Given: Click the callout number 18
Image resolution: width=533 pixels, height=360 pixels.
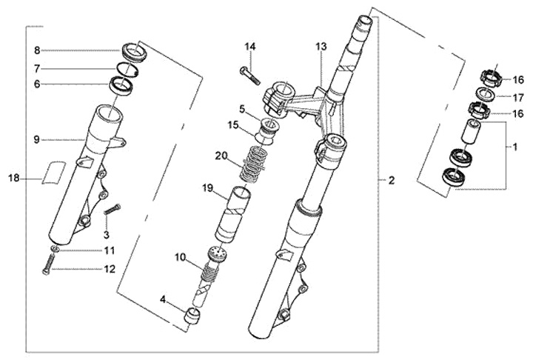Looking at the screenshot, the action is (14, 178).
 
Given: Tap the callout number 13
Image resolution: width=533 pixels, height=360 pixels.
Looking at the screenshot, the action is (321, 47).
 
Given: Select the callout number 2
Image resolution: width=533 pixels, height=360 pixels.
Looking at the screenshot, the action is (392, 180).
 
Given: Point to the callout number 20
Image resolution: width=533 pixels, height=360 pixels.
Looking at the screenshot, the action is (221, 156).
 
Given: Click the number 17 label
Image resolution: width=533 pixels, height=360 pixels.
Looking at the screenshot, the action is (518, 98).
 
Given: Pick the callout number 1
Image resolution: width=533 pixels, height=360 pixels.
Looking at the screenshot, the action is (515, 147).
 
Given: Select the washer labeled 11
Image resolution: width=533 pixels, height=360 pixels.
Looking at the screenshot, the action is (56, 250).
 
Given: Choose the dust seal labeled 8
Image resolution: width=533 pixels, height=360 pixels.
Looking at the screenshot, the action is (135, 51).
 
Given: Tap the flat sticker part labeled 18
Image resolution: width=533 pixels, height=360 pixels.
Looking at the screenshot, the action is (53, 172).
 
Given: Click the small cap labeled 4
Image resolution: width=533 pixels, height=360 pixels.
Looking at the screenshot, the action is (192, 316).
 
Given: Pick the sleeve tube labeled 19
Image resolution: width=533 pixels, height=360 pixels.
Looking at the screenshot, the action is (233, 214).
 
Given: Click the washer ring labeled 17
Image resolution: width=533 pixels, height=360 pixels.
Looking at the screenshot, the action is (483, 93).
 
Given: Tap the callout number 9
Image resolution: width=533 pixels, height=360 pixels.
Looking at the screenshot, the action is (36, 139).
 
